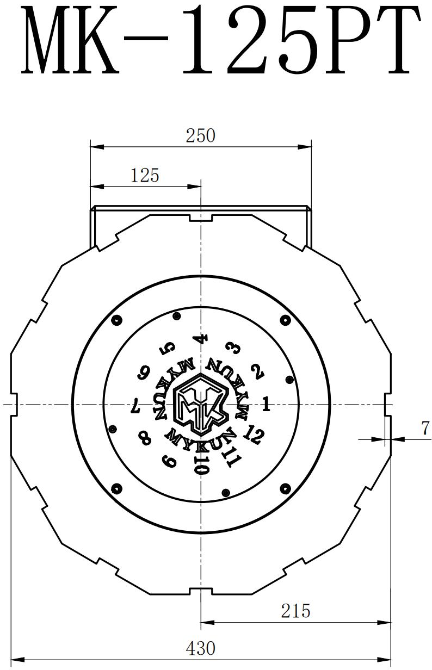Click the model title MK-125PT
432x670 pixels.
[220, 41]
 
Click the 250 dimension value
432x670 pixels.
[200, 135]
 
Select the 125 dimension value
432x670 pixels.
[145, 176]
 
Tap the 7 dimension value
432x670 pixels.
[425, 429]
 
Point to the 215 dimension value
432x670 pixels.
[295, 611]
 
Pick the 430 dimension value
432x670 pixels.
[200, 648]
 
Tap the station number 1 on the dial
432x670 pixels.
[266, 404]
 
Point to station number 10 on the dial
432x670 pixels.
[201, 466]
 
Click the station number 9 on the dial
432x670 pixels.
[169, 461]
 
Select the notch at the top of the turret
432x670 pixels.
[201, 218]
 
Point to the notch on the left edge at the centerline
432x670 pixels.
[15, 405]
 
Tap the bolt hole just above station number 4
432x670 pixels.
[176, 316]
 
